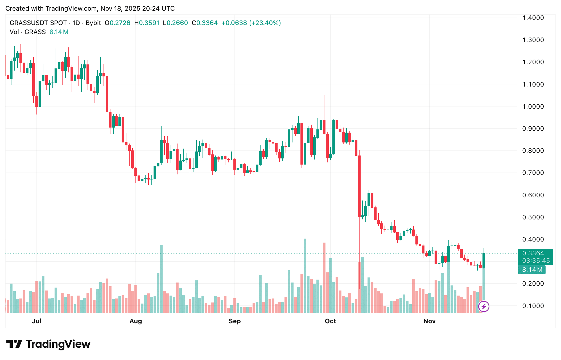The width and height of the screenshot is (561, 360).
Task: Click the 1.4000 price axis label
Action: [533, 18]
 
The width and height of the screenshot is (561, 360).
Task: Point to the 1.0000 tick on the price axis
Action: [533, 107]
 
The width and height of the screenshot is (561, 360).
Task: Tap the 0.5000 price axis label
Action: [533, 217]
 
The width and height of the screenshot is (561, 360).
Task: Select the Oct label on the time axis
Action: [330, 321]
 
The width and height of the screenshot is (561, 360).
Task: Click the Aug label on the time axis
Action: [135, 321]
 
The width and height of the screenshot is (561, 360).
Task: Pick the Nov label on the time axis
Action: [429, 321]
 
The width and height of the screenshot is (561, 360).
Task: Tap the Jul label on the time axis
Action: [37, 321]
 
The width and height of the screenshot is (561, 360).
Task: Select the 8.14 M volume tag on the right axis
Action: [532, 270]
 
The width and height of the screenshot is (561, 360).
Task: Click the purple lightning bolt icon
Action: [484, 306]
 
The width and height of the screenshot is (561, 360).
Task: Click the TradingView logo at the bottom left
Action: [48, 344]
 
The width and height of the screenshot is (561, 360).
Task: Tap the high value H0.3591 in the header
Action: [147, 23]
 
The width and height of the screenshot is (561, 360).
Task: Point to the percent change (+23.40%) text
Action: [265, 23]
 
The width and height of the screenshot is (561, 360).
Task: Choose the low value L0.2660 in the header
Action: [175, 23]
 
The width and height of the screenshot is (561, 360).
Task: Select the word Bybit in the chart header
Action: [93, 23]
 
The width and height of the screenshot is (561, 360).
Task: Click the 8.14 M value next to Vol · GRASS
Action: [59, 32]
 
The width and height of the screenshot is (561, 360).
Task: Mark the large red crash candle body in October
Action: [359, 186]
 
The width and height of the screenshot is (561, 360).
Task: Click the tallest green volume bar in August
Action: [161, 278]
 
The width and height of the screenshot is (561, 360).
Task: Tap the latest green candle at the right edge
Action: [484, 260]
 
